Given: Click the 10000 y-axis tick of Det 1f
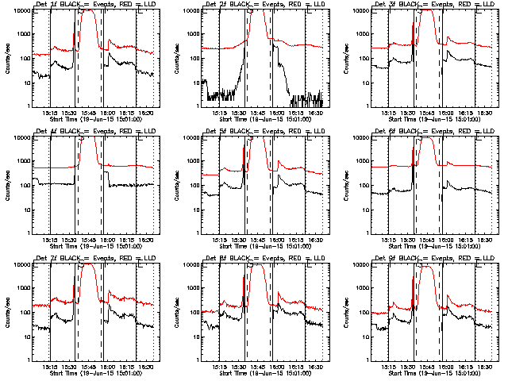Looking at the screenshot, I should (x=22, y=12).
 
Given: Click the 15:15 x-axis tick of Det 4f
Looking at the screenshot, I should (x=49, y=240).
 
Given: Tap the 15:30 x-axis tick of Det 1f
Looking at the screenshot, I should (x=69, y=113).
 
